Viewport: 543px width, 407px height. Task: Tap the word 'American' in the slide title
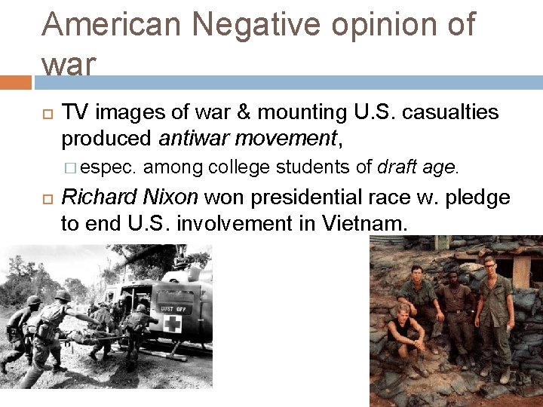tap(112, 25)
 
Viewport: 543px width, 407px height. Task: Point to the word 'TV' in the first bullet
tap(75, 113)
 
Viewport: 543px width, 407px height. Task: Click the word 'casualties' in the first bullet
tap(450, 113)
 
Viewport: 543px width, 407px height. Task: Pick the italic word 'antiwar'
tap(197, 139)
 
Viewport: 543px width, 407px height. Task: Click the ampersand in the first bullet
tap(245, 113)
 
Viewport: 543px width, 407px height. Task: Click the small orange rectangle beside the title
tap(15, 81)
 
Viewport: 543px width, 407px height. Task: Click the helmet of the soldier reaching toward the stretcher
tap(62, 296)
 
